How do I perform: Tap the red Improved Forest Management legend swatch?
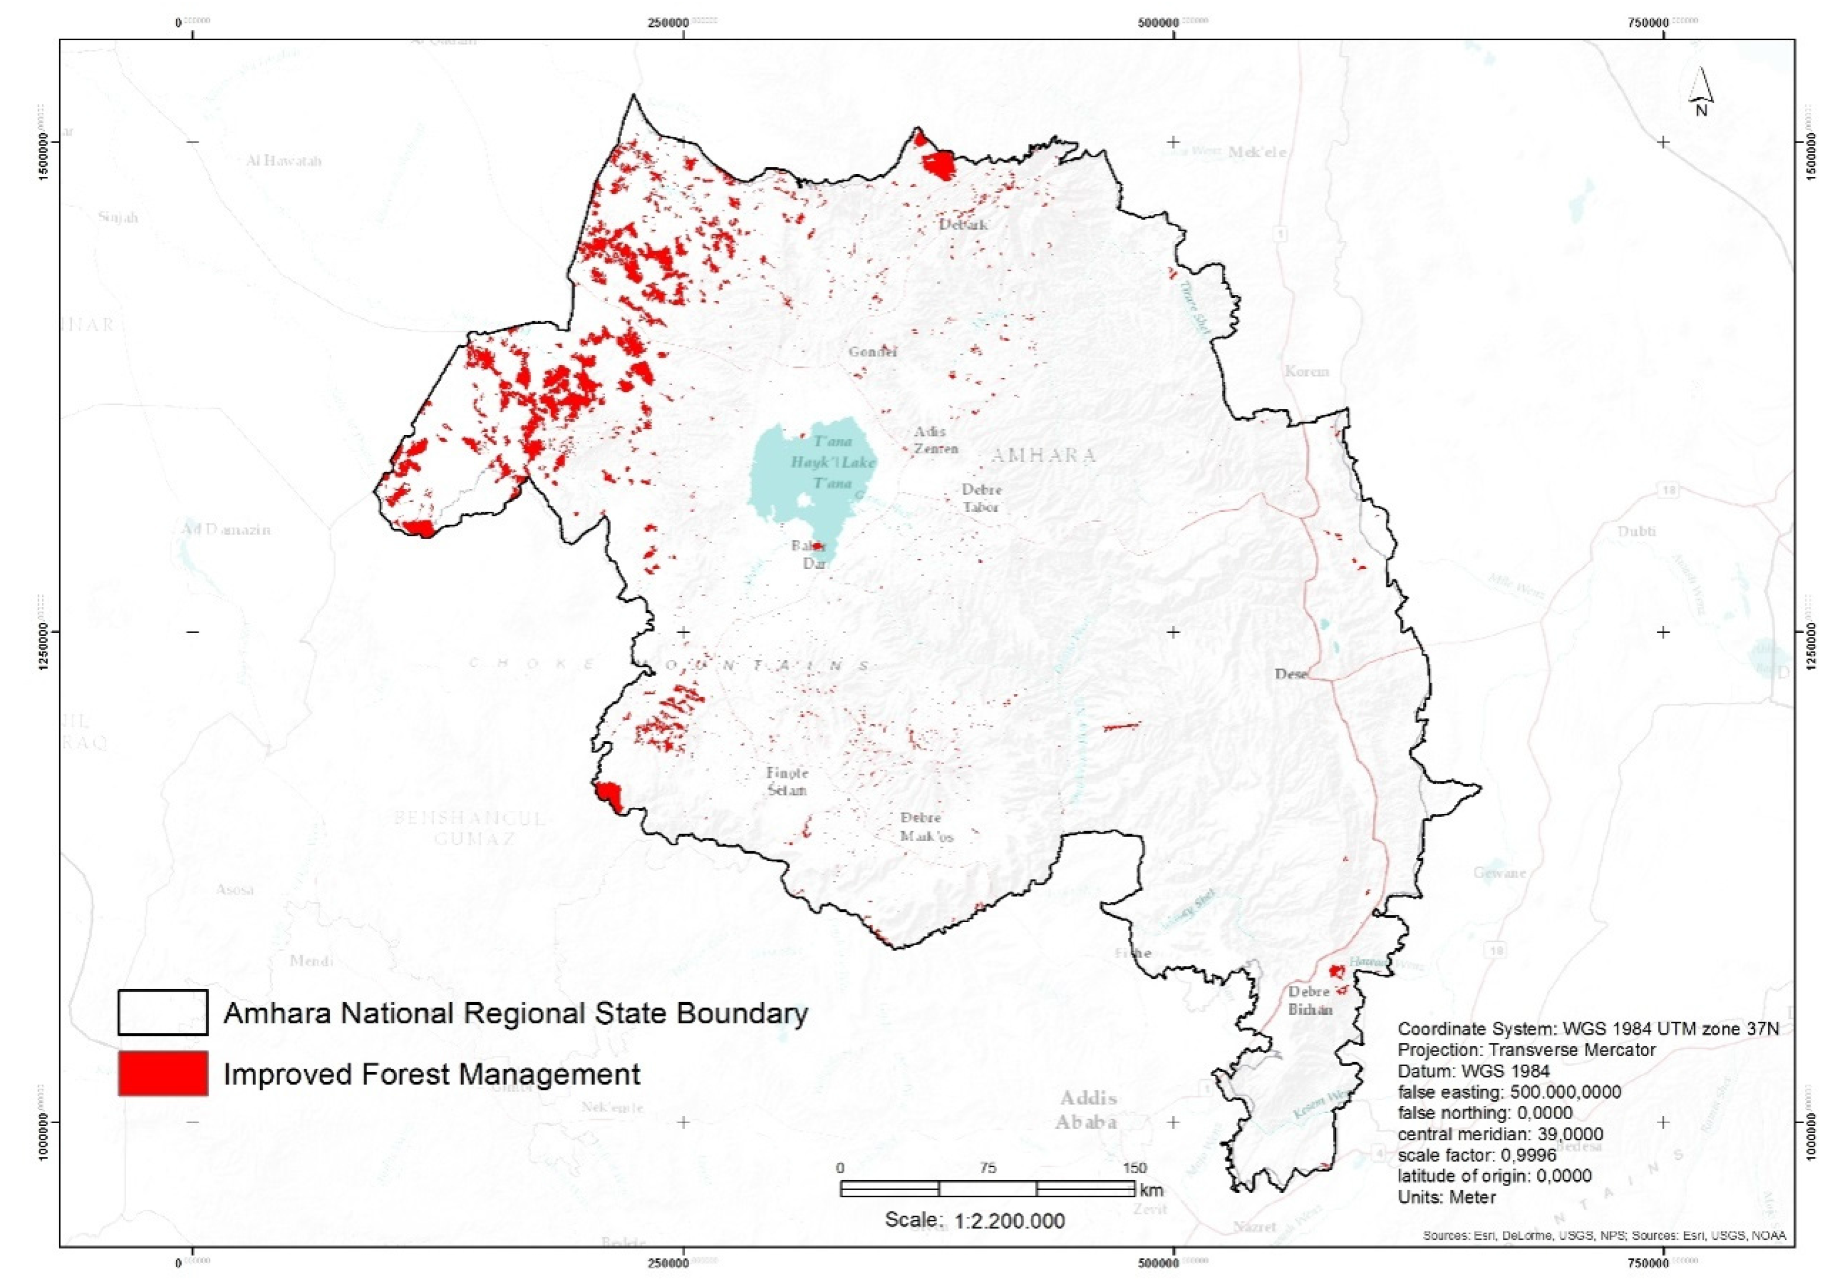coord(162,1073)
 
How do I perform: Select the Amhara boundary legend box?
coord(162,1013)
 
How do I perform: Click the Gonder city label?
coord(872,352)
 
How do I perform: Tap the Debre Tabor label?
coord(981,497)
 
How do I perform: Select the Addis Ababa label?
coord(1088,1109)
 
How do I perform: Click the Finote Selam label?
coord(787,781)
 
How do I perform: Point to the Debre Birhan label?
coord(1310,1000)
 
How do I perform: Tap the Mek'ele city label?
coord(1257,152)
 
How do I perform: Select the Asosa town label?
coord(235,889)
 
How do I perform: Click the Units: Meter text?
coord(1446,1197)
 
